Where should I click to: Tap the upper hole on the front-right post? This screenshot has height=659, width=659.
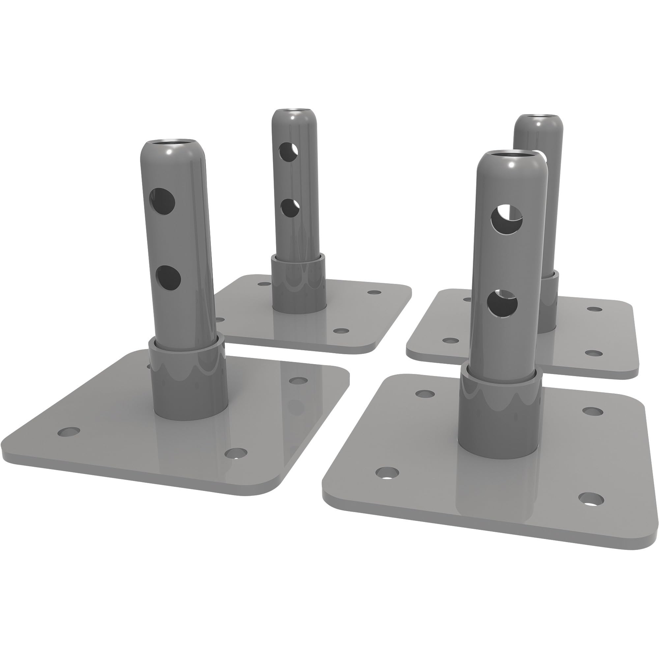coord(506,219)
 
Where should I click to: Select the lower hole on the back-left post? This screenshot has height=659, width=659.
coord(290,208)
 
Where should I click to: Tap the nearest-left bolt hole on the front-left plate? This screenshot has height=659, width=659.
coord(69,432)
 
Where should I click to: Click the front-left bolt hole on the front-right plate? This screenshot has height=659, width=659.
coord(387,473)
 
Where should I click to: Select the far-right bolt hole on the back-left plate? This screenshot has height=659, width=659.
coord(375,292)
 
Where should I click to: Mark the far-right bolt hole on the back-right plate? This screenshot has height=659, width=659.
coord(595,309)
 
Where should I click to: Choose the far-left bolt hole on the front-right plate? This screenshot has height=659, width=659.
coord(425,394)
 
